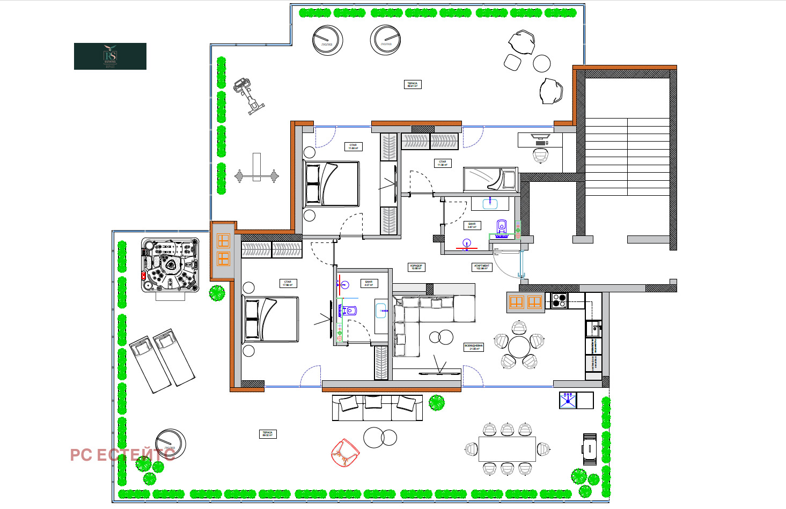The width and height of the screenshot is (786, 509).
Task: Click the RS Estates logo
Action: pyautogui.click(x=110, y=56)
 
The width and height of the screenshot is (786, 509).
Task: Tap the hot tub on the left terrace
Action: pyautogui.click(x=170, y=265)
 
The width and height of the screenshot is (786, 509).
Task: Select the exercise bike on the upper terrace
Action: pyautogui.click(x=248, y=95)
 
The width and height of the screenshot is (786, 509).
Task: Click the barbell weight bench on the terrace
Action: pyautogui.click(x=256, y=175)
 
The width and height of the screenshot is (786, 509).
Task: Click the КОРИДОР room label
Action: pyautogui.click(x=416, y=267)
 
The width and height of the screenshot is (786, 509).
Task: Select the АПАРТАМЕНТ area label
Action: pyautogui.click(x=481, y=267)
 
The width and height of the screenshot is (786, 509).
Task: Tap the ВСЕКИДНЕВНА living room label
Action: pyautogui.click(x=474, y=347)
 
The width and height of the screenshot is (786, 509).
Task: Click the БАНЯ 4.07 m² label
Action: pyautogui.click(x=369, y=283)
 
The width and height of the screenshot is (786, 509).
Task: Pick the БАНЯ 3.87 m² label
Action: pyautogui.click(x=472, y=225)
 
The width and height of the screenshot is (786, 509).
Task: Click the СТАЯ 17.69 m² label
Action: pyautogui.click(x=288, y=283)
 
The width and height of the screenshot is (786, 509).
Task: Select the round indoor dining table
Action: pyautogui.click(x=519, y=347)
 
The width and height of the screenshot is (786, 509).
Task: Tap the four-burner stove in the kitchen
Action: pyautogui.click(x=559, y=300)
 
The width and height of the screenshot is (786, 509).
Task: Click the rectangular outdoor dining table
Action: pyautogui.click(x=507, y=448)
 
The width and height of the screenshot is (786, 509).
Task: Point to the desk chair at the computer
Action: pyautogui.click(x=541, y=156)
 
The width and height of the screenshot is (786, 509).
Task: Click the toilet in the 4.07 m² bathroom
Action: pyautogui.click(x=349, y=310)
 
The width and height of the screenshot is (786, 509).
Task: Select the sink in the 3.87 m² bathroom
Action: pyautogui.click(x=490, y=203)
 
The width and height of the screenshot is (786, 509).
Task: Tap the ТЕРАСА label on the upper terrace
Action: pyautogui.click(x=412, y=84)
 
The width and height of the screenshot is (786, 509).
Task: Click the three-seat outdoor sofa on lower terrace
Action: pyautogui.click(x=377, y=408)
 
